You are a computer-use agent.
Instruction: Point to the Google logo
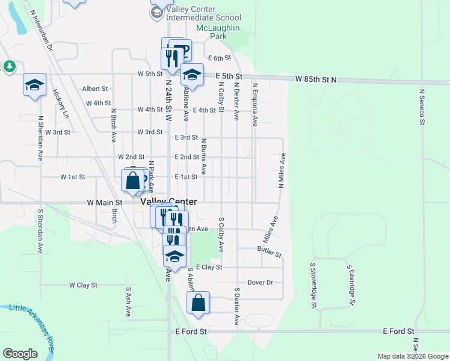(x=20, y=353)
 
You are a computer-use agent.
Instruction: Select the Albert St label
(x=95, y=88)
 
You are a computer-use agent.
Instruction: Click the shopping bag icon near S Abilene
(x=199, y=304)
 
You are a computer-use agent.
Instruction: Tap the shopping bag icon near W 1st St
(x=132, y=180)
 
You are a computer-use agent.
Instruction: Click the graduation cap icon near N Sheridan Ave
(x=34, y=85)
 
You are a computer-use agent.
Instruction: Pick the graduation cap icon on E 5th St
(x=192, y=75)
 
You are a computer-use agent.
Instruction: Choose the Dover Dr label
(x=260, y=282)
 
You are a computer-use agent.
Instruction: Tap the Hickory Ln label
(x=61, y=103)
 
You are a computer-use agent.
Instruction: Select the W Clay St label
(x=83, y=285)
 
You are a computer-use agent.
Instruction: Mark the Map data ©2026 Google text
(x=413, y=356)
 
